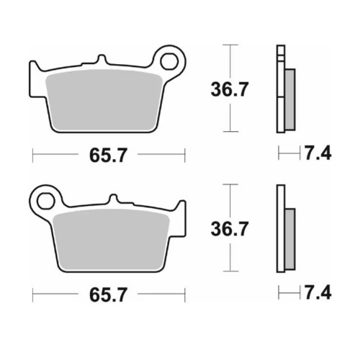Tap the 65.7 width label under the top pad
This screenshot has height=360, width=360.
coord(108,156)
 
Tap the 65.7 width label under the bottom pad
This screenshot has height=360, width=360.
coord(108,295)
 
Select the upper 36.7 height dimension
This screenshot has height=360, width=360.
coord(229,89)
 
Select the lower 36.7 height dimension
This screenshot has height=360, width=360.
coord(229,229)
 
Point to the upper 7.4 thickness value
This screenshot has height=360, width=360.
coord(318,153)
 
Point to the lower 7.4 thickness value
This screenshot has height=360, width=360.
coord(318,292)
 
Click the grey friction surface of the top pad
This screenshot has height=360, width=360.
coord(104,101)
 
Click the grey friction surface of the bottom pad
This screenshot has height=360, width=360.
coord(112,240)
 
